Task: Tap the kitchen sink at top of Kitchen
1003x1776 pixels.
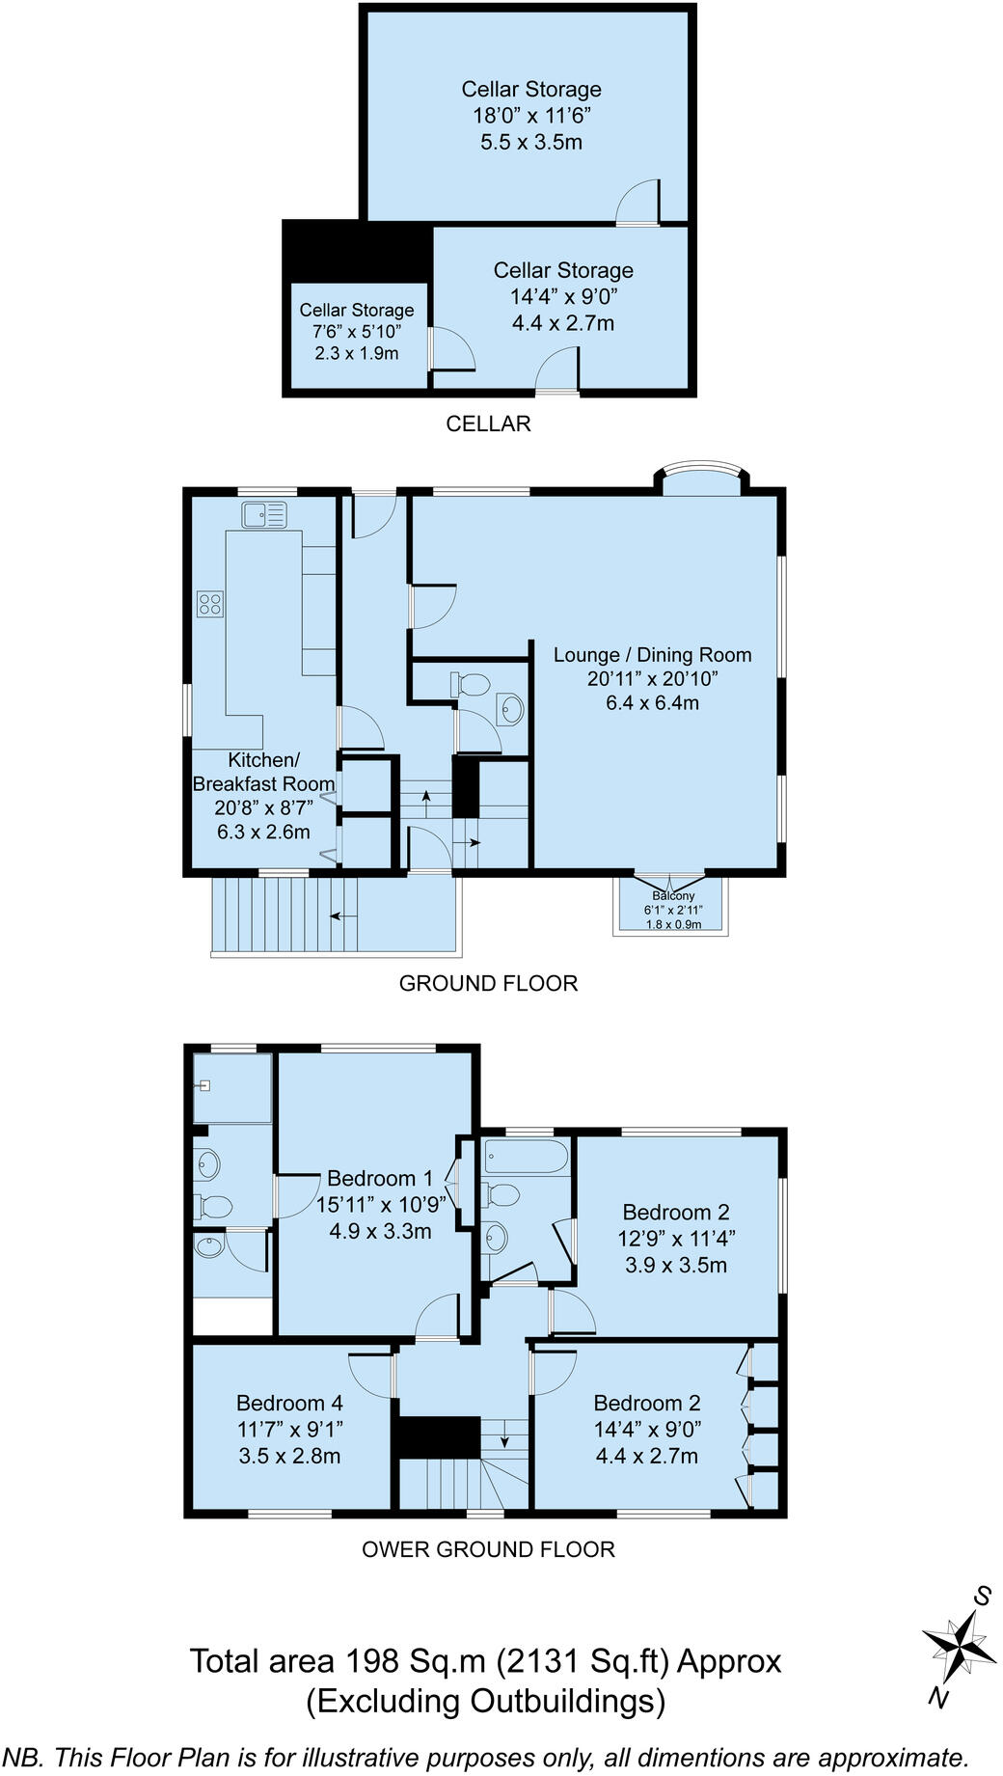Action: (264, 515)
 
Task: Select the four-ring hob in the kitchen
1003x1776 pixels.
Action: (210, 605)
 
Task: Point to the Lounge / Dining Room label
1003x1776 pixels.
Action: (652, 655)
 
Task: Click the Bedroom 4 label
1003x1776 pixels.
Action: (289, 1403)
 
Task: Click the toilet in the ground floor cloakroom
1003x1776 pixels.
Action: (471, 685)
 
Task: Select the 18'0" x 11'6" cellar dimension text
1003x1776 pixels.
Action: (530, 116)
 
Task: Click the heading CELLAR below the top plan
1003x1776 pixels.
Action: (488, 424)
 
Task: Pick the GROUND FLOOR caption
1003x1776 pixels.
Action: (488, 983)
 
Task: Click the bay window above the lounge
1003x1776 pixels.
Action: (701, 479)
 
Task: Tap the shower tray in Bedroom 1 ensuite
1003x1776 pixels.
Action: (232, 1088)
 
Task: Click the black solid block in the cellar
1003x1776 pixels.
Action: (357, 250)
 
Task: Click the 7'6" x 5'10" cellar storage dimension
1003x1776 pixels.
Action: (356, 332)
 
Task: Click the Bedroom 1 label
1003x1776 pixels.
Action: (380, 1178)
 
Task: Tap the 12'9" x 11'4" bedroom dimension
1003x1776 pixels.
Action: (675, 1239)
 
